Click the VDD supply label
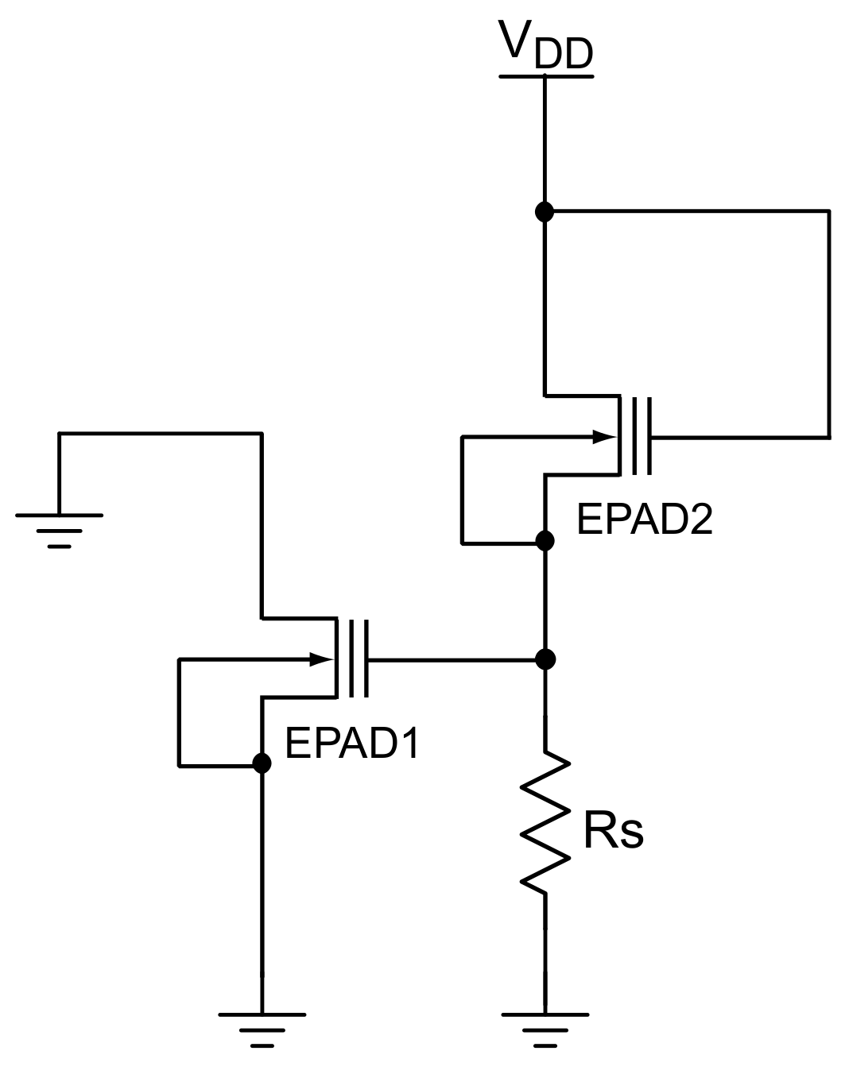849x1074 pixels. click(x=545, y=44)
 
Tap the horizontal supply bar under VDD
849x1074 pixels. click(x=545, y=77)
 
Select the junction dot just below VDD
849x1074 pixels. click(x=545, y=212)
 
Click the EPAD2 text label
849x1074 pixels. click(x=644, y=520)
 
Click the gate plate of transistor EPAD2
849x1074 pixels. click(x=649, y=436)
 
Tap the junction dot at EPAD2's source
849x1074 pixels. click(x=545, y=541)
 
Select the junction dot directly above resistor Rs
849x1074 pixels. click(x=545, y=659)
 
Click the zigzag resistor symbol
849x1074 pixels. click(x=545, y=821)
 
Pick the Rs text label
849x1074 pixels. click(x=612, y=832)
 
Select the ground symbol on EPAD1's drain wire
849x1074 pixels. click(x=59, y=529)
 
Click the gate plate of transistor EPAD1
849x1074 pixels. click(x=366, y=659)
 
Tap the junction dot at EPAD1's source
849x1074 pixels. click(x=261, y=763)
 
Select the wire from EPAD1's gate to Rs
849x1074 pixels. click(x=453, y=659)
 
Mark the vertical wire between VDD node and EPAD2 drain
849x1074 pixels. click(x=545, y=302)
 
